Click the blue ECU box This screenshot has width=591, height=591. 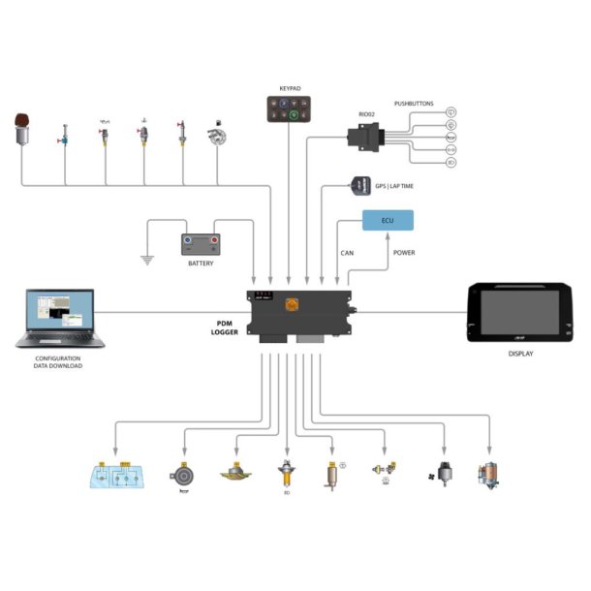pos(388,220)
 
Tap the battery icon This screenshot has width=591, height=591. pos(201,242)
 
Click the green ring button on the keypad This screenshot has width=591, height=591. pos(292,115)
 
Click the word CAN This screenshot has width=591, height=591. pos(348,253)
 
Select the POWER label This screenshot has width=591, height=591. pos(404,253)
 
